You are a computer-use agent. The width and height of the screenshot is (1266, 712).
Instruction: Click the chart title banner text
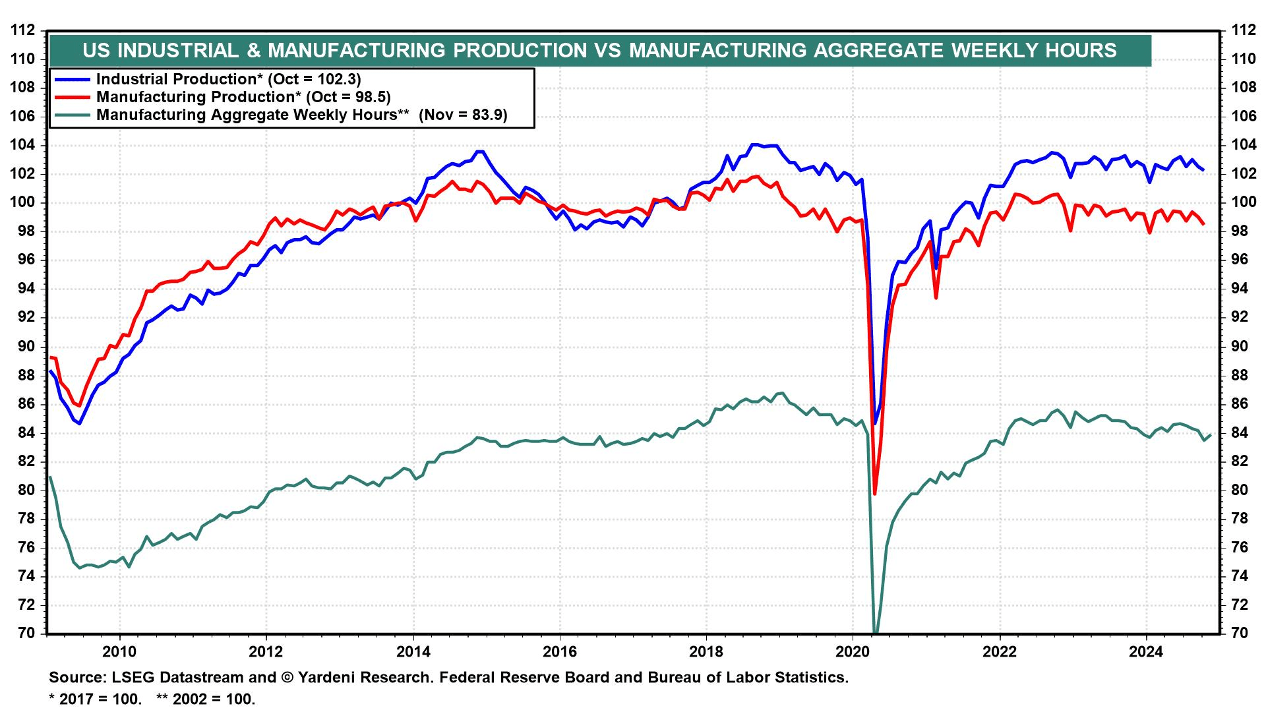(x=599, y=51)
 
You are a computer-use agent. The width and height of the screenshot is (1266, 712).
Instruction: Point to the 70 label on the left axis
(x=27, y=634)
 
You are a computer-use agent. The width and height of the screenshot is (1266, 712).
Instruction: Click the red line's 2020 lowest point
(x=875, y=494)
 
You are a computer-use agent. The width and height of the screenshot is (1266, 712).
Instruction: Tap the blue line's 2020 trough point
(x=875, y=423)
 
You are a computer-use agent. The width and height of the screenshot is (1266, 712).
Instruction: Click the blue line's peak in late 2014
(x=481, y=151)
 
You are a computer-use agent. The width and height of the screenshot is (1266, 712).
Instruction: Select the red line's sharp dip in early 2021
(x=936, y=298)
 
